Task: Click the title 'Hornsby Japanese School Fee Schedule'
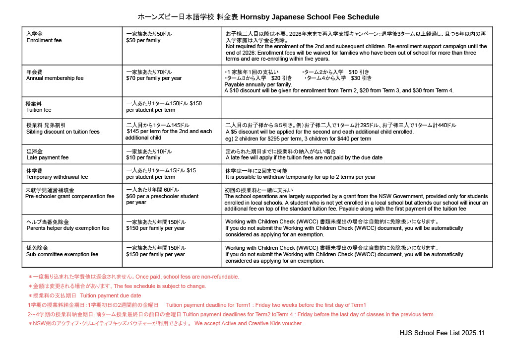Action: [310, 17]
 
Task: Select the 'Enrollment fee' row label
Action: [44, 40]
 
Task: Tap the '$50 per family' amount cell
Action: [143, 40]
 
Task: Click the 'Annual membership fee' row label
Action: [55, 78]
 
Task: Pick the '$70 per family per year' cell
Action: [154, 78]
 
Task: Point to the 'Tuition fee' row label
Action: [39, 110]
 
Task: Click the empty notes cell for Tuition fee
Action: [356, 108]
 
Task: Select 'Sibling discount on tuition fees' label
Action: [63, 132]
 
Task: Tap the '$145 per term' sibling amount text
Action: [169, 132]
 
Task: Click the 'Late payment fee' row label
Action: [48, 157]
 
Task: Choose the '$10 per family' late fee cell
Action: [143, 157]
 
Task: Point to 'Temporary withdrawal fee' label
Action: [57, 177]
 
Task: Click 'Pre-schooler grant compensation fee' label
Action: [70, 196]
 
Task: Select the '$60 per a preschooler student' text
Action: [162, 196]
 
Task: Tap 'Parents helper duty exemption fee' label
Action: [68, 228]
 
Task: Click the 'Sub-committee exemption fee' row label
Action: [62, 254]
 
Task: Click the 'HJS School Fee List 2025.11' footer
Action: [442, 333]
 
